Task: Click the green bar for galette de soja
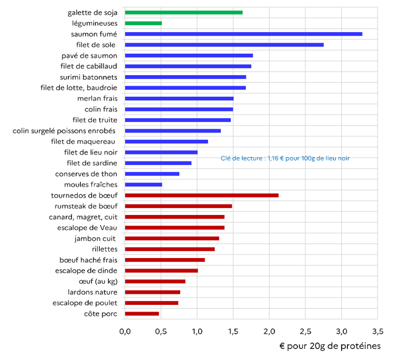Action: point(183,12)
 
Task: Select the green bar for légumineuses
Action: point(143,23)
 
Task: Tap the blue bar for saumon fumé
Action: point(243,34)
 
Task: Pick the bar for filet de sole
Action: point(224,45)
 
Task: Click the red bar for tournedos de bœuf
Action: point(201,196)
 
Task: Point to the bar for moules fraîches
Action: point(143,184)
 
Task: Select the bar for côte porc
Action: point(142,314)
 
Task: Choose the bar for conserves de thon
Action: point(152,174)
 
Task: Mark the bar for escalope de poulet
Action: point(151,303)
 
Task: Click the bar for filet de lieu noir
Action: point(161,152)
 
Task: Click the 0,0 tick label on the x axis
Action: point(125,332)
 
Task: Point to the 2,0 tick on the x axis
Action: point(269,332)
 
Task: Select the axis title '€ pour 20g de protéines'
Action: point(330,346)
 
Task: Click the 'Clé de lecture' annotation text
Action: point(285,158)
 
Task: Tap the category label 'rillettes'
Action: point(104,249)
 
